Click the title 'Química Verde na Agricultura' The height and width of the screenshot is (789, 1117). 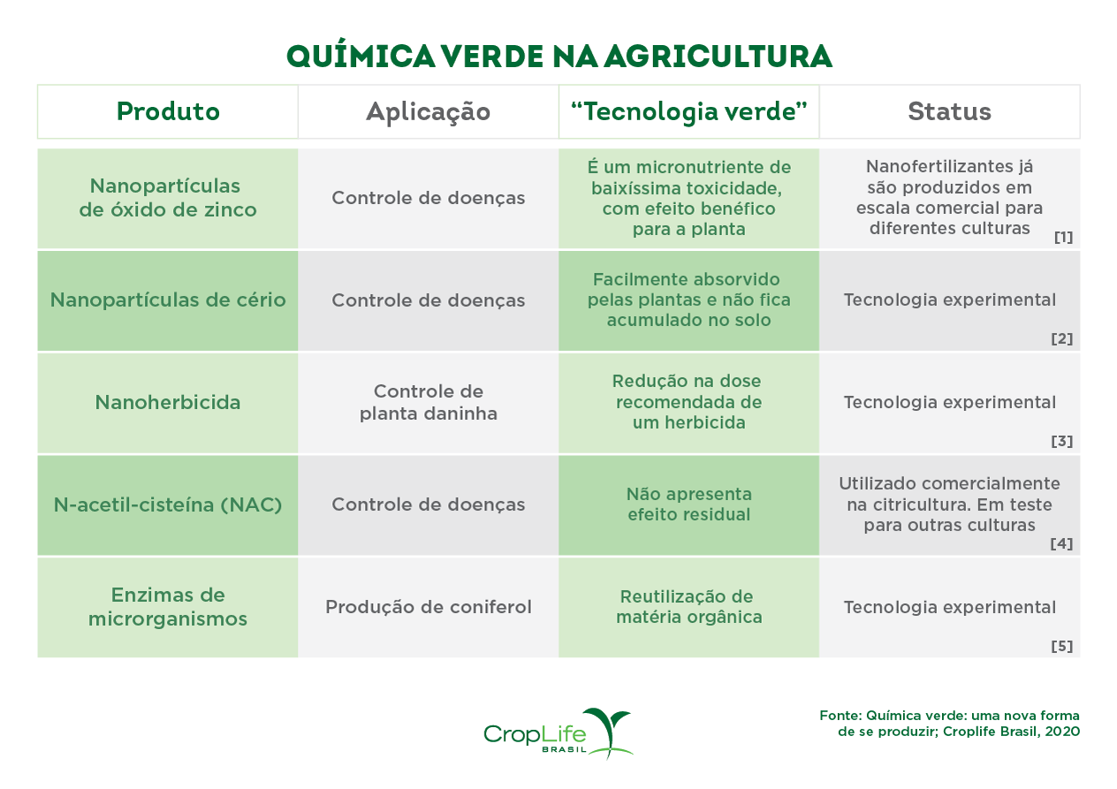click(558, 57)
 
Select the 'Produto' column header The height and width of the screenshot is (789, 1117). click(168, 112)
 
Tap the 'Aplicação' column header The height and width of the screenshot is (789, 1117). click(428, 112)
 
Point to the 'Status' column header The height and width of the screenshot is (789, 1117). click(949, 112)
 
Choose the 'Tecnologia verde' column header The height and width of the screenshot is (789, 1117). click(689, 112)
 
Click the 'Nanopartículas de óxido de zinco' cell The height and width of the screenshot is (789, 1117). click(168, 199)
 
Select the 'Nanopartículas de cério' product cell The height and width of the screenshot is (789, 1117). click(168, 300)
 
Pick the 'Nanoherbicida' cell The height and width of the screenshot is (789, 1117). click(168, 403)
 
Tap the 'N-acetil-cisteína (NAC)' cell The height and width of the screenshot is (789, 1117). click(168, 505)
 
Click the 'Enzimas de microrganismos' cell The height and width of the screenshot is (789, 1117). click(168, 607)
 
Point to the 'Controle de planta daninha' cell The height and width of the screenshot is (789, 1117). click(428, 403)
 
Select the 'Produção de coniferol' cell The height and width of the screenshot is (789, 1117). click(428, 607)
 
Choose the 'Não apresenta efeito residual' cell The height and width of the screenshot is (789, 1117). click(689, 505)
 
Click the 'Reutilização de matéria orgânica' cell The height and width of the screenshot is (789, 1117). click(689, 607)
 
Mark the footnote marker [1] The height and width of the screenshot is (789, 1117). click(1063, 237)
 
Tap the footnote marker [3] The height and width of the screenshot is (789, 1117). click(1062, 441)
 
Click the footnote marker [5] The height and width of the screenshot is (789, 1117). click(1062, 646)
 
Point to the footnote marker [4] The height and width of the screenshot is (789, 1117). click(1061, 543)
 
